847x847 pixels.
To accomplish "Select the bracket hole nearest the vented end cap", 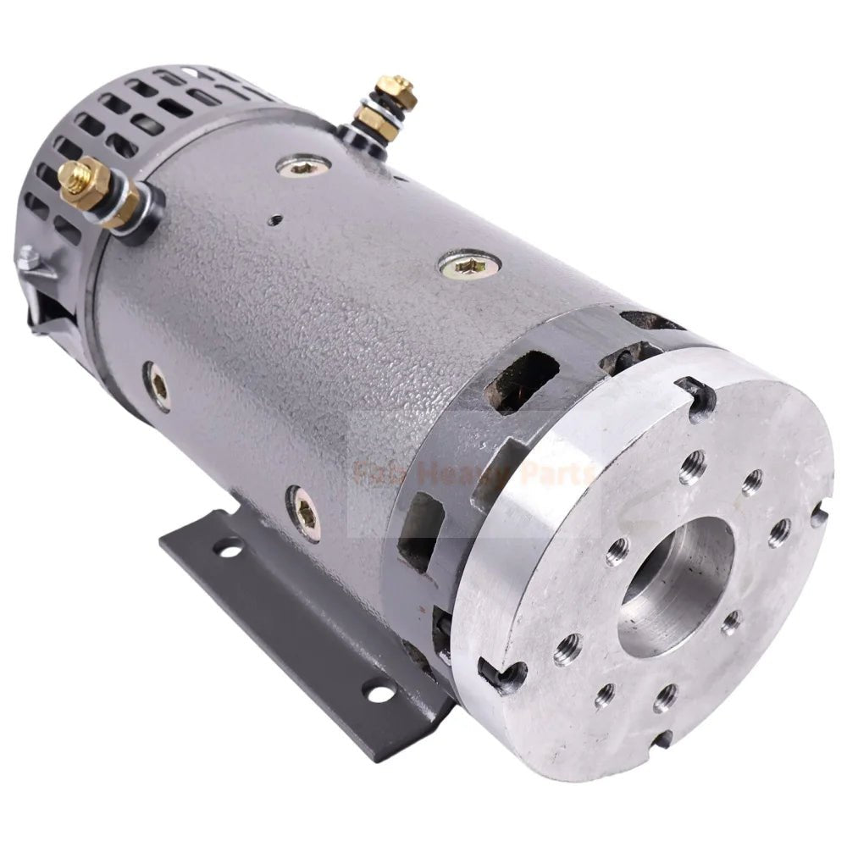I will [x=227, y=551].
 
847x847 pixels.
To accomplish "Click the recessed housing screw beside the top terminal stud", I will [x=303, y=167].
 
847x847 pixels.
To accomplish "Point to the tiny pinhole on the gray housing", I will [x=274, y=220].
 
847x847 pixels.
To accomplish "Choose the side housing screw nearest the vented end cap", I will [x=158, y=386].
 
